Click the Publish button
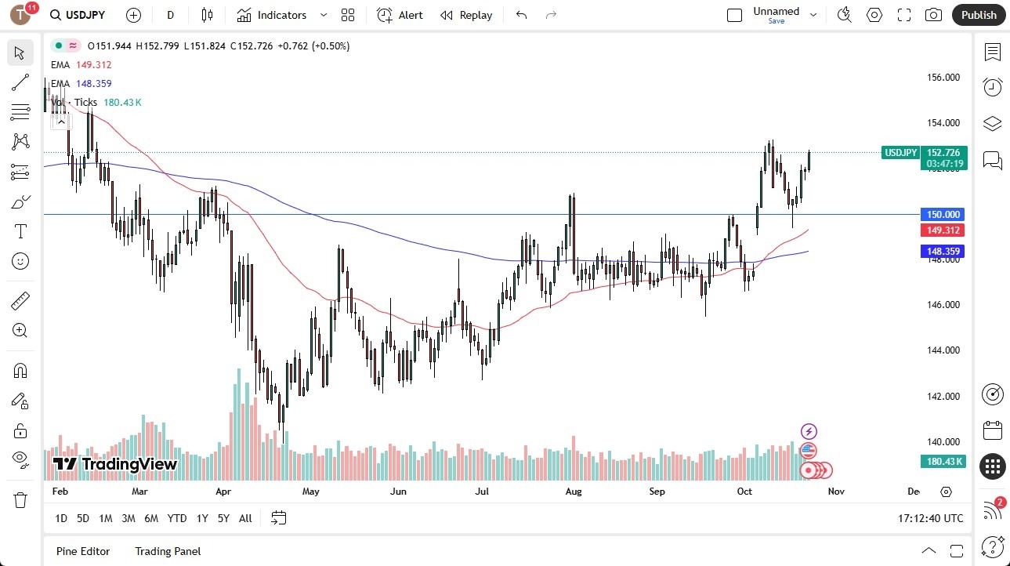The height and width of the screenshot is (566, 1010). tap(979, 15)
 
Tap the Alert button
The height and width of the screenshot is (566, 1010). tap(400, 15)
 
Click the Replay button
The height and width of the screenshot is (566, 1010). tap(466, 15)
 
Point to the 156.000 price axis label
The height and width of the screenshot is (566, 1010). tap(943, 78)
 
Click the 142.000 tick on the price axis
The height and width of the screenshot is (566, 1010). tap(943, 397)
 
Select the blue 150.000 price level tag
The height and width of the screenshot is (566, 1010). tap(943, 215)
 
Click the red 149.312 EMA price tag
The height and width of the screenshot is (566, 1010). tap(943, 230)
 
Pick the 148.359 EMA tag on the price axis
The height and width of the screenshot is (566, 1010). tap(943, 252)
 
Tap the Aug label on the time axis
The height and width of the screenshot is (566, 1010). tap(574, 492)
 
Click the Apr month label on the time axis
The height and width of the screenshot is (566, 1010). tap(223, 492)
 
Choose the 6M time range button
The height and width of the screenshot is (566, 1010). tap(151, 518)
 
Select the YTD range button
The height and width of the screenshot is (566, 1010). tap(177, 518)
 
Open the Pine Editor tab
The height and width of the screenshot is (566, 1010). tap(83, 551)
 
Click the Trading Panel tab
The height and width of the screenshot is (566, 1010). tap(168, 551)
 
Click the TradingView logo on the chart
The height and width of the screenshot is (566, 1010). tap(115, 464)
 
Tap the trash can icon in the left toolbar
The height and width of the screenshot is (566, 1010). tap(20, 499)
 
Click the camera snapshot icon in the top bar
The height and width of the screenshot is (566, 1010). tap(933, 15)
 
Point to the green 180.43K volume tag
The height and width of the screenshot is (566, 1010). tap(943, 462)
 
